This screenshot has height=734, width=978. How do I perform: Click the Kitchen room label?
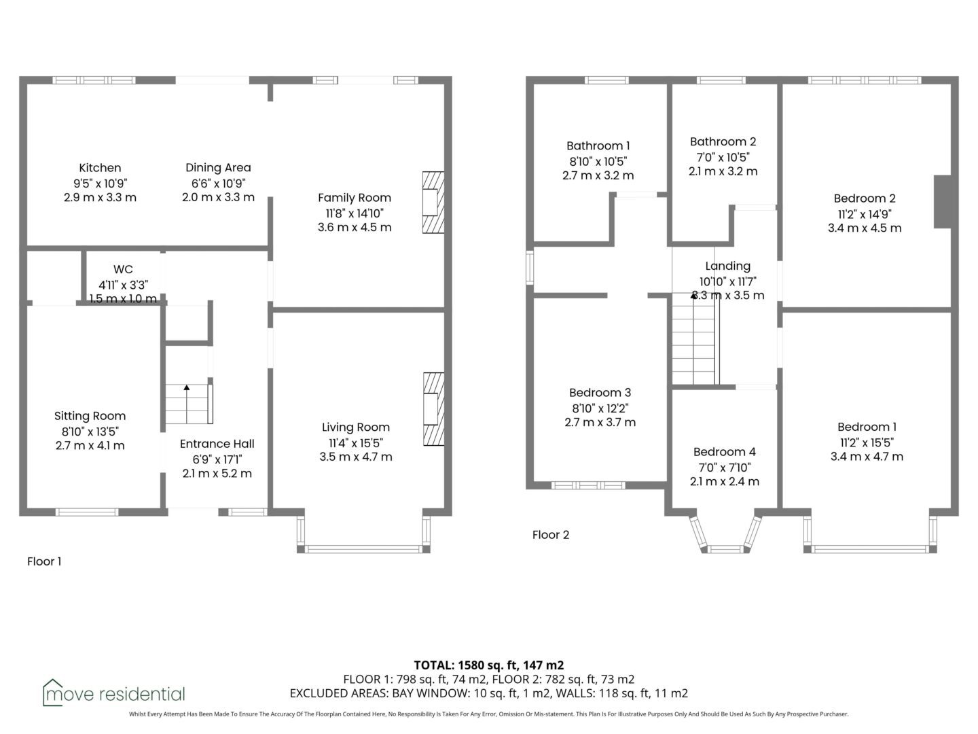[100, 168]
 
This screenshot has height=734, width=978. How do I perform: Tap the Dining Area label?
[218, 168]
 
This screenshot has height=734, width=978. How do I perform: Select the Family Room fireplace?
[433, 203]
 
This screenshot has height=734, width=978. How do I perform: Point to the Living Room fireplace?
[433, 409]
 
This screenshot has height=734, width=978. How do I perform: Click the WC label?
[123, 269]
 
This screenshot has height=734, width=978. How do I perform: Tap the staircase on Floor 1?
[189, 404]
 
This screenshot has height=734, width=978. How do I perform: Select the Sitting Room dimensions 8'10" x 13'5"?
[90, 432]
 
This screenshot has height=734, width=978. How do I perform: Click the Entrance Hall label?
[217, 444]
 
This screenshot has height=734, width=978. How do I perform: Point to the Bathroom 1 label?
[598, 145]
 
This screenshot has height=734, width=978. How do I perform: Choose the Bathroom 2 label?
[723, 142]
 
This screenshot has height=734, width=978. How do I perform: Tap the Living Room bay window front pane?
[363, 549]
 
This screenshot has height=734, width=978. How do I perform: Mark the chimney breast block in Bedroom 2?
[943, 202]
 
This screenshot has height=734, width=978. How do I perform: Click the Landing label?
[727, 266]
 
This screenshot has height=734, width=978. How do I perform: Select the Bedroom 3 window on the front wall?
[588, 485]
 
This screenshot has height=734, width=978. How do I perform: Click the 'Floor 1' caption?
[44, 561]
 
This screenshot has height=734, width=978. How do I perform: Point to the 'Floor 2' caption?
[551, 535]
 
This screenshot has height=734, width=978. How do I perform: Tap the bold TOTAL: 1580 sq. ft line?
[489, 665]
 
